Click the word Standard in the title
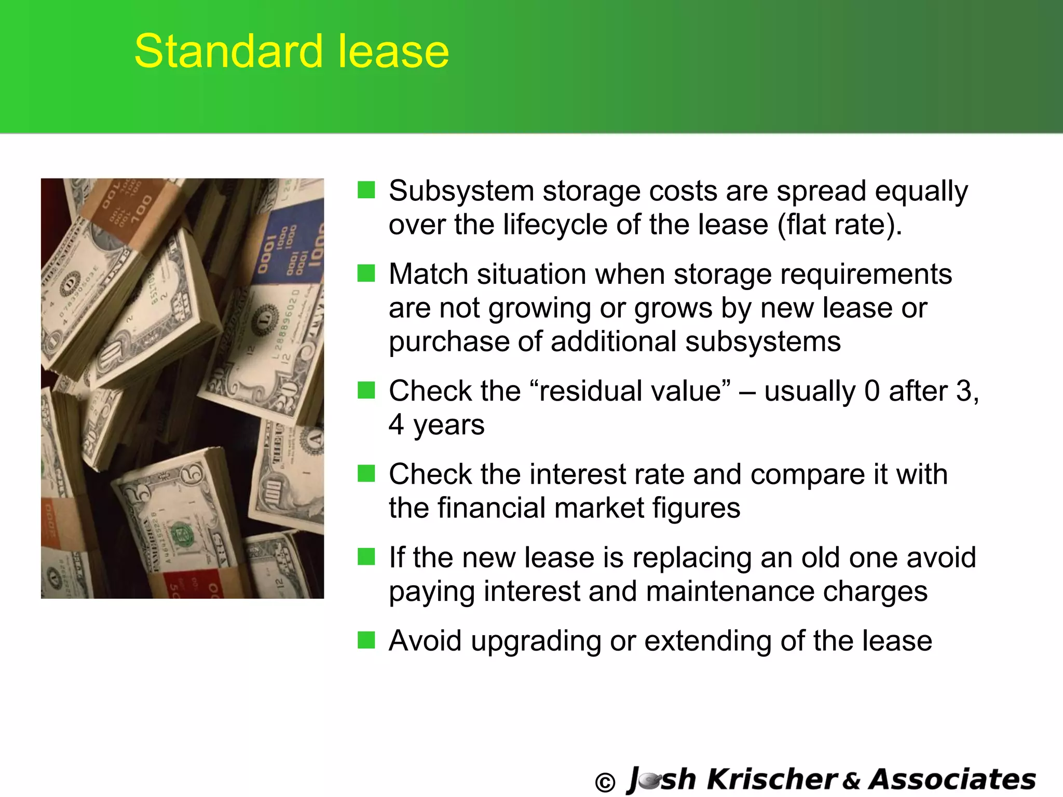pyautogui.click(x=229, y=51)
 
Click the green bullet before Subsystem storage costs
pyautogui.click(x=366, y=190)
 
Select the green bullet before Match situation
pyautogui.click(x=366, y=273)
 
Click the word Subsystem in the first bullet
pyautogui.click(x=461, y=191)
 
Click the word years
pyautogui.click(x=448, y=425)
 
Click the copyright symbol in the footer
pyautogui.click(x=605, y=782)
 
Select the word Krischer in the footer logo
pyautogui.click(x=772, y=779)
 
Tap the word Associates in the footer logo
pyautogui.click(x=952, y=779)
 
